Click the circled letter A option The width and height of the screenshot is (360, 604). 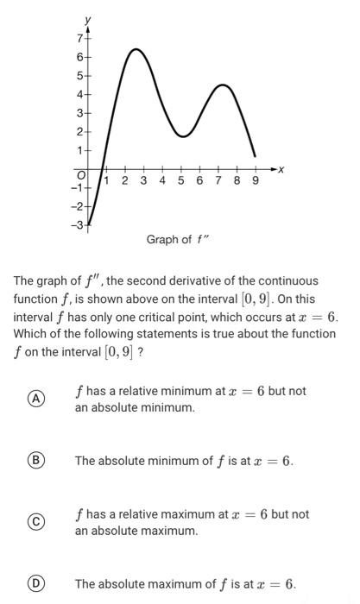pos(35,398)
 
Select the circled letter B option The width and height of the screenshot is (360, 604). pos(35,461)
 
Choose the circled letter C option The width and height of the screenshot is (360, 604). pos(35,521)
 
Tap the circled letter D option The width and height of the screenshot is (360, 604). pos(35,584)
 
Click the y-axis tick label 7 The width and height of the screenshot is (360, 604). pos(79,38)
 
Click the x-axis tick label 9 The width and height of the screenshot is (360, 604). pos(256,181)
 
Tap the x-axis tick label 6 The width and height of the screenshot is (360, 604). pos(199,181)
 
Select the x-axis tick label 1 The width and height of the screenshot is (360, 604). pos(106,181)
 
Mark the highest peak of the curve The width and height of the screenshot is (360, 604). pos(136,49)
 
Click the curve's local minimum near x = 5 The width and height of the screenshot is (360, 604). pos(182,136)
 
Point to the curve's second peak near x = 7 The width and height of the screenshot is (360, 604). pos(223,85)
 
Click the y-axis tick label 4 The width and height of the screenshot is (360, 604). pos(79,94)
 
